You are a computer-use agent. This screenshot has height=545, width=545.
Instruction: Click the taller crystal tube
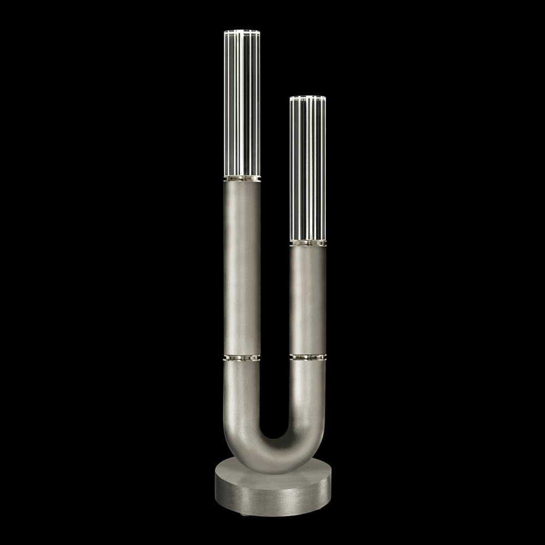[242, 104]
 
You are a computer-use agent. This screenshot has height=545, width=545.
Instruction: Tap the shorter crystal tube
[308, 169]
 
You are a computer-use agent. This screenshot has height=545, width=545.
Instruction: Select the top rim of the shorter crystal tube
[308, 99]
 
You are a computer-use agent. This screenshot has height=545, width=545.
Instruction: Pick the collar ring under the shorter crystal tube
[308, 243]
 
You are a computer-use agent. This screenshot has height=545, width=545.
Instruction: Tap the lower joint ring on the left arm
[242, 358]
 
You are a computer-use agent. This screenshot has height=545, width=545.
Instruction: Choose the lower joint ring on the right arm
[308, 357]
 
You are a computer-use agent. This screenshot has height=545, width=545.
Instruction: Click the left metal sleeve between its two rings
[242, 267]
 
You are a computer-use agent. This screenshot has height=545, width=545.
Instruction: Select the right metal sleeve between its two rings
[308, 300]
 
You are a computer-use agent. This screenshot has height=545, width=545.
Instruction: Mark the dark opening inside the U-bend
[275, 403]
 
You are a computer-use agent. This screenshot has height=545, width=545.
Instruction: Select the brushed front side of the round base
[272, 501]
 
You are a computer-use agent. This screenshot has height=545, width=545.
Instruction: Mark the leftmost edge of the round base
[215, 482]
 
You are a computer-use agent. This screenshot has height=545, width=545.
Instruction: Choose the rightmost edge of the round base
[331, 482]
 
